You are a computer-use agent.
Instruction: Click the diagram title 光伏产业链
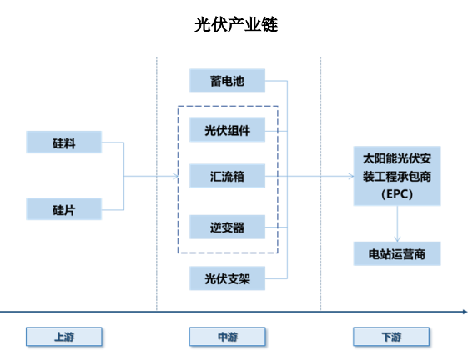pos(236,24)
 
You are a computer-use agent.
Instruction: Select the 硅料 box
pos(64,142)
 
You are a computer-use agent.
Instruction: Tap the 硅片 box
pos(64,209)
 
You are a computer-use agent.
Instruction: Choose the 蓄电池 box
pos(227,81)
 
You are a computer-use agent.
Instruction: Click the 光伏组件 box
pos(227,130)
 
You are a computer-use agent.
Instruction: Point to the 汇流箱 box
pos(227,176)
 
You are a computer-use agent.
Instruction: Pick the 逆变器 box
pos(227,227)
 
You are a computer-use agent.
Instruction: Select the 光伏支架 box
pos(227,278)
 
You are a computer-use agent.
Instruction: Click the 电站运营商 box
pos(397,254)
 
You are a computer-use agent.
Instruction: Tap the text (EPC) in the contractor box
pos(397,194)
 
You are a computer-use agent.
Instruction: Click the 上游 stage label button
pos(64,337)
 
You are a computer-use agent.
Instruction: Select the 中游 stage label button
pos(228,337)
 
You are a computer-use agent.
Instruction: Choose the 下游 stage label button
pos(391,337)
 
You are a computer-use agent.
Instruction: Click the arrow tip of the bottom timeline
pos(466,312)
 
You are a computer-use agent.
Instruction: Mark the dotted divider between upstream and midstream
pos(156,183)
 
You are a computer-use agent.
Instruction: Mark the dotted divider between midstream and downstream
pos(320,183)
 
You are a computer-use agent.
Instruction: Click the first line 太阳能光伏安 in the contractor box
pos(397,158)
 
